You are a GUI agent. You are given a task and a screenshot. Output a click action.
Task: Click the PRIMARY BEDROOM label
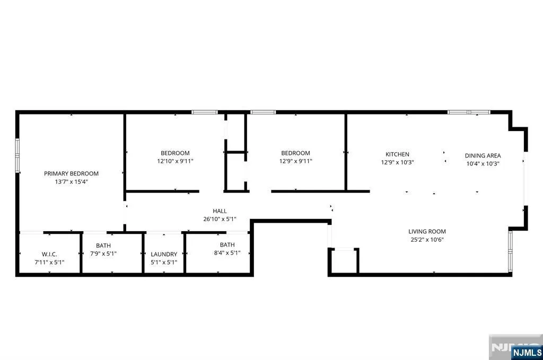(72, 173)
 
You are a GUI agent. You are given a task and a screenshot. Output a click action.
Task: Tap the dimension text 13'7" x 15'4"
(72, 182)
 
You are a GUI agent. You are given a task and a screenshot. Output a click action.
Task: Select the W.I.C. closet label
(49, 254)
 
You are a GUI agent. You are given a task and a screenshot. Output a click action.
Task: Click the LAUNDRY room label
(164, 254)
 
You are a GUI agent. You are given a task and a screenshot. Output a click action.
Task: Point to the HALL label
(220, 211)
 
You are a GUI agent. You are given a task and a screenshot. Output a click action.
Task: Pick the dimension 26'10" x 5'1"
(220, 219)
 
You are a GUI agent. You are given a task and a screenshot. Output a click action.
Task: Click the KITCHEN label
(398, 154)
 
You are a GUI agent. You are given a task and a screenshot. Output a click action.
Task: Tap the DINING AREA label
(483, 155)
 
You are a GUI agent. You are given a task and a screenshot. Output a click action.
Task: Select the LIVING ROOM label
(427, 231)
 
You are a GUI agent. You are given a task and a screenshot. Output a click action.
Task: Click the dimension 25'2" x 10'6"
(427, 240)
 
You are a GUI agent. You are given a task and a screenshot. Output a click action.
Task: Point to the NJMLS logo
(527, 353)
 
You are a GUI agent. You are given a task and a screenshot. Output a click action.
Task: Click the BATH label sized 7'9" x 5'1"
(103, 245)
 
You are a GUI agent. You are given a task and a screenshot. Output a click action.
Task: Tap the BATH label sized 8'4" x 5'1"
(227, 245)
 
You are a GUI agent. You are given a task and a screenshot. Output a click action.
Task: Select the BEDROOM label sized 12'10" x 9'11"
(175, 153)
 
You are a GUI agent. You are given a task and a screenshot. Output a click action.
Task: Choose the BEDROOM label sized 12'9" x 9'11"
(296, 153)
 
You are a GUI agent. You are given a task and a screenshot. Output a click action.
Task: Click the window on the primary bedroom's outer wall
(17, 155)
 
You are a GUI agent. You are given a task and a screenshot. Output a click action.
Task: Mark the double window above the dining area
(469, 112)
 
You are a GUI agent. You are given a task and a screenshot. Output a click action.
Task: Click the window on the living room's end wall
(510, 251)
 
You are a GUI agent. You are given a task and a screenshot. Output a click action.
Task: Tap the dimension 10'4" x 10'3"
(483, 164)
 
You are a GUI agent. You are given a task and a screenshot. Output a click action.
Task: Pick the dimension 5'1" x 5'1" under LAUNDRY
(164, 262)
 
